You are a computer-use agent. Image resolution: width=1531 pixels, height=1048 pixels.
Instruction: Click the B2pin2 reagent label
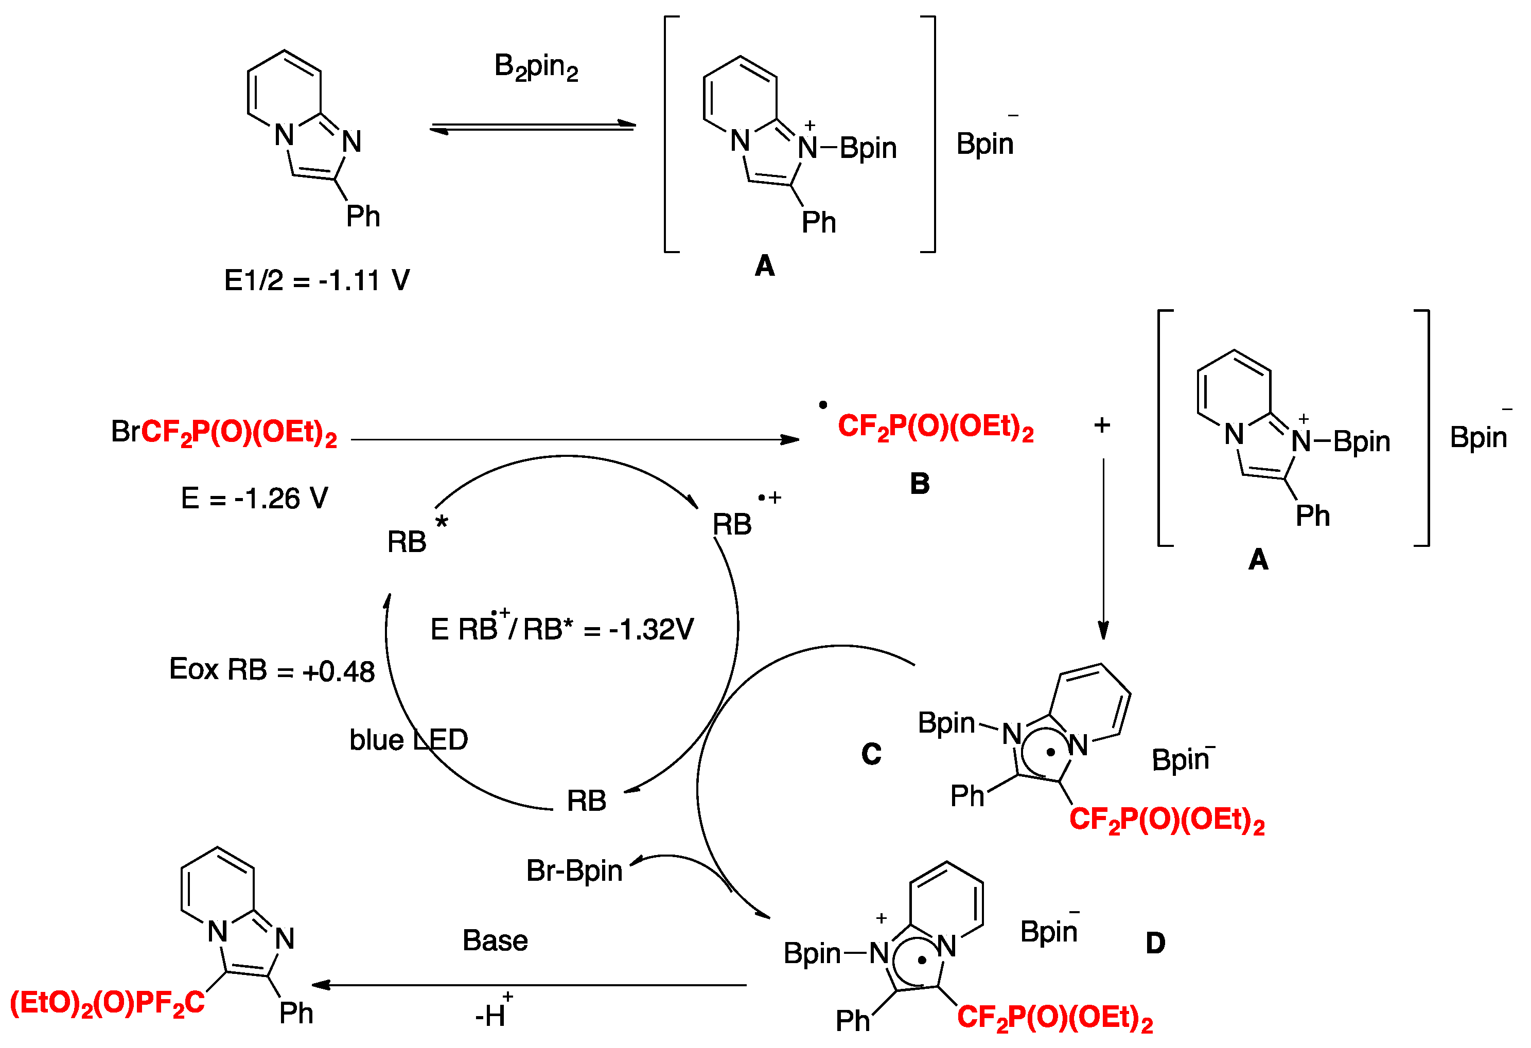536,67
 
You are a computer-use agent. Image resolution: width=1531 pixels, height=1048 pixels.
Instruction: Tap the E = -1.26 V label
254,499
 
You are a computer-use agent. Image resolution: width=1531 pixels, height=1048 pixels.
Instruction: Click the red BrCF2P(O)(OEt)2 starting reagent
224,433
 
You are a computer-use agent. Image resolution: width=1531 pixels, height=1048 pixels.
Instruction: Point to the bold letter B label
920,484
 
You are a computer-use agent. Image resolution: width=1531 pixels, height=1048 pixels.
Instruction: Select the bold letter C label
871,754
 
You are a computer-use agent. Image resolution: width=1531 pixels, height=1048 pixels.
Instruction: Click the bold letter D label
1155,943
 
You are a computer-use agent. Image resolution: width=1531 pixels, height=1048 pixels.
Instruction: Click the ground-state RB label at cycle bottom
586,801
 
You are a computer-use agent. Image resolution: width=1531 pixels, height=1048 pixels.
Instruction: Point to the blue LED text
409,740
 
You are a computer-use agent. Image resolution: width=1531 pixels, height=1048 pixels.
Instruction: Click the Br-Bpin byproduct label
574,871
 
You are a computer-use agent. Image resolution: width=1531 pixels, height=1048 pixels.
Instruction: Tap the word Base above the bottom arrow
495,940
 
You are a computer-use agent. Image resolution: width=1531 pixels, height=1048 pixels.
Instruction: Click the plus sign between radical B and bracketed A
1102,425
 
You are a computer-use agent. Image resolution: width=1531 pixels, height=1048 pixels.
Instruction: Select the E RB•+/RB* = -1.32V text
561,628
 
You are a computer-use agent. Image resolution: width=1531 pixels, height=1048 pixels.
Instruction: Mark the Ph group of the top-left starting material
363,216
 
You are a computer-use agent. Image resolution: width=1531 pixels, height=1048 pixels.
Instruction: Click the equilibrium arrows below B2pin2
532,127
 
